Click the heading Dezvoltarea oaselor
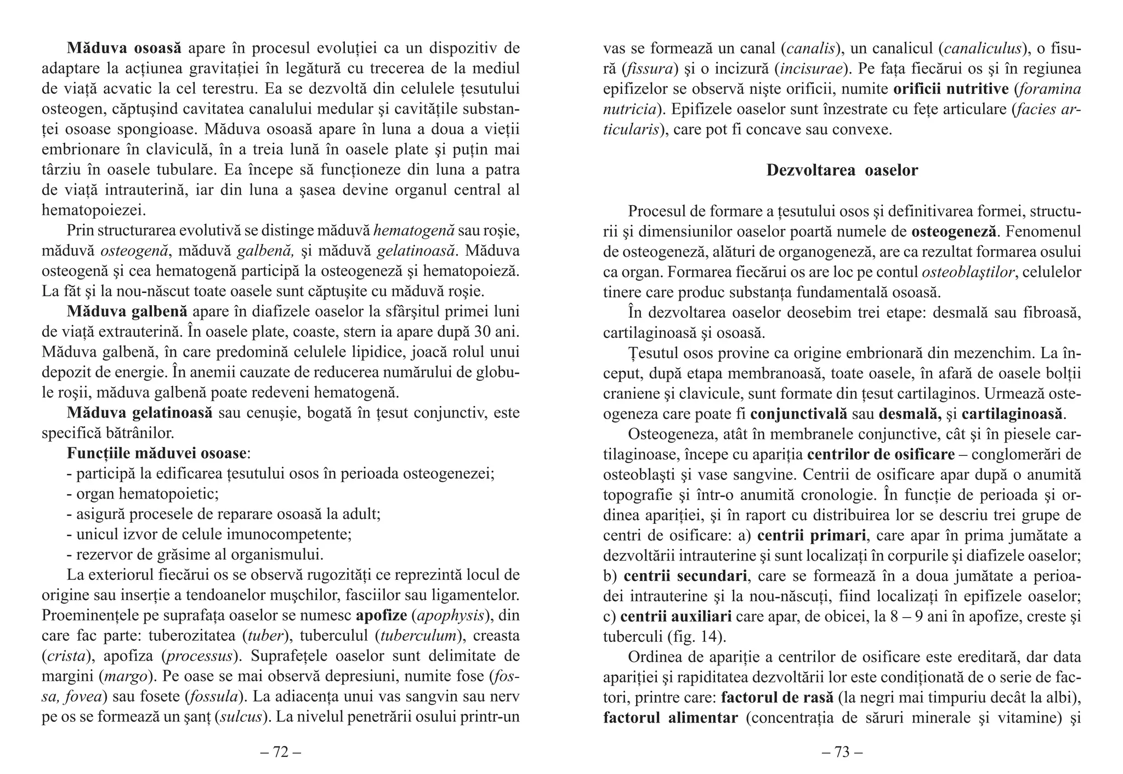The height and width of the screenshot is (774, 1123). pyautogui.click(x=842, y=171)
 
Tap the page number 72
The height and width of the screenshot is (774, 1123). pyautogui.click(x=280, y=752)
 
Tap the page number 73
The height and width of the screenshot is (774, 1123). pyautogui.click(x=842, y=752)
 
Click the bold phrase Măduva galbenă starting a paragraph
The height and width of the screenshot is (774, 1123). pyautogui.click(x=127, y=312)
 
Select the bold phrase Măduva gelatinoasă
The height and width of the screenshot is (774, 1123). pyautogui.click(x=139, y=413)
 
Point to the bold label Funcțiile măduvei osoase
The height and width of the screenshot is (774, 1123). pyautogui.click(x=156, y=453)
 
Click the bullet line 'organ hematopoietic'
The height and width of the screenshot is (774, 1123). pyautogui.click(x=143, y=494)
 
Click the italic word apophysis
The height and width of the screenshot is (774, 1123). pyautogui.click(x=451, y=615)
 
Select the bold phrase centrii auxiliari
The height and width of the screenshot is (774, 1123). pyautogui.click(x=676, y=617)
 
